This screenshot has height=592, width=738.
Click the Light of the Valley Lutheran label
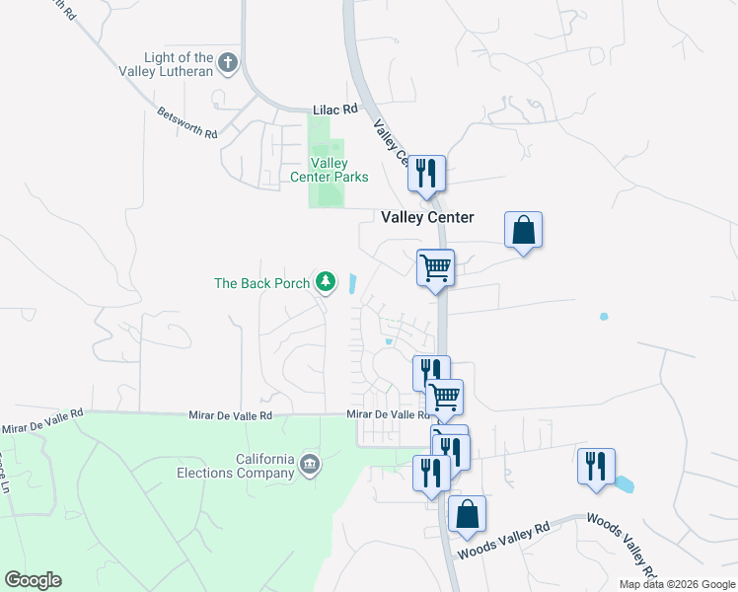179,65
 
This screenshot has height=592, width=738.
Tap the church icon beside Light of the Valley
228,64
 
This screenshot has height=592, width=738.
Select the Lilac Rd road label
332,111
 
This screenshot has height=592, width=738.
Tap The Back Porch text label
261,283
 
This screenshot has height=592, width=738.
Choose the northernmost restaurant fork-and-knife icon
426,174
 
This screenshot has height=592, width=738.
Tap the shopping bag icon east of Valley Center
523,231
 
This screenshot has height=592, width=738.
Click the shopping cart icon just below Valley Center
435,267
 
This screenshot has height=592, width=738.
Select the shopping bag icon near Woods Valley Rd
467,514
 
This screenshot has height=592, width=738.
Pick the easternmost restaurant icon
596,467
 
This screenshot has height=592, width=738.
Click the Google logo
33,580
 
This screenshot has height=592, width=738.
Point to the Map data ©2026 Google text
677,584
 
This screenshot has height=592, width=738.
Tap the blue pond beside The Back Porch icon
352,283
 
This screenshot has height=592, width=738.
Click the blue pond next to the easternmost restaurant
625,484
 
